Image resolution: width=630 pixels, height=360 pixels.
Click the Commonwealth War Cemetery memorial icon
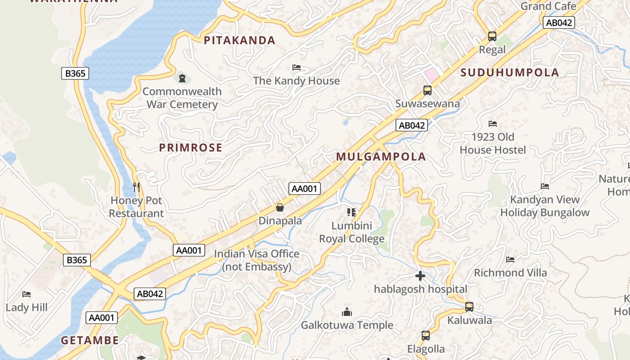(182, 78)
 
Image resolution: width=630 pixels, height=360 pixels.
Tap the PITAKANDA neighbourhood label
(239, 40)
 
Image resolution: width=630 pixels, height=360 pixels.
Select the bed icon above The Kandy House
(297, 68)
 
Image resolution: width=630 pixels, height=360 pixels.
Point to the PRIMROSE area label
(191, 148)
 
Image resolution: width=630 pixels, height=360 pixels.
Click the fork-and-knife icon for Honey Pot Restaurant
(137, 187)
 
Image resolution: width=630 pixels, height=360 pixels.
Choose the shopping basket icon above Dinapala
(280, 207)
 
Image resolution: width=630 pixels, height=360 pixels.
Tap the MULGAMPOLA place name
(381, 157)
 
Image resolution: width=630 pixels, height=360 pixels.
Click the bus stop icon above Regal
(492, 36)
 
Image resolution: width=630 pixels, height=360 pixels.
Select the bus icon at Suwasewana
(427, 90)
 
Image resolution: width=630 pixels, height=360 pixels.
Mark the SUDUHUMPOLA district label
(509, 72)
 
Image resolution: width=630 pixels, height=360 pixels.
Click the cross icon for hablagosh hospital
(420, 276)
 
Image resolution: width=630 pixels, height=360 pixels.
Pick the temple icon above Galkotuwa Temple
(347, 311)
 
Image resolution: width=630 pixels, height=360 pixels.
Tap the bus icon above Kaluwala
(469, 307)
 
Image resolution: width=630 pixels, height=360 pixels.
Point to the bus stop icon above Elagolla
(426, 336)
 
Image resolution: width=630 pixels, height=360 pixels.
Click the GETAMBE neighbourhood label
(90, 340)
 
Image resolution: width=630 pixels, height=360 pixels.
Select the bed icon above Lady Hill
(27, 294)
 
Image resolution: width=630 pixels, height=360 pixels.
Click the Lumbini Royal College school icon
(351, 212)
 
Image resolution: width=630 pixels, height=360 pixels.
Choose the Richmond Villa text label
(510, 273)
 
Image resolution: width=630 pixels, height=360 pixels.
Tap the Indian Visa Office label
(256, 260)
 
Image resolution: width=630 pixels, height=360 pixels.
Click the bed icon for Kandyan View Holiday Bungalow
(545, 186)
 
